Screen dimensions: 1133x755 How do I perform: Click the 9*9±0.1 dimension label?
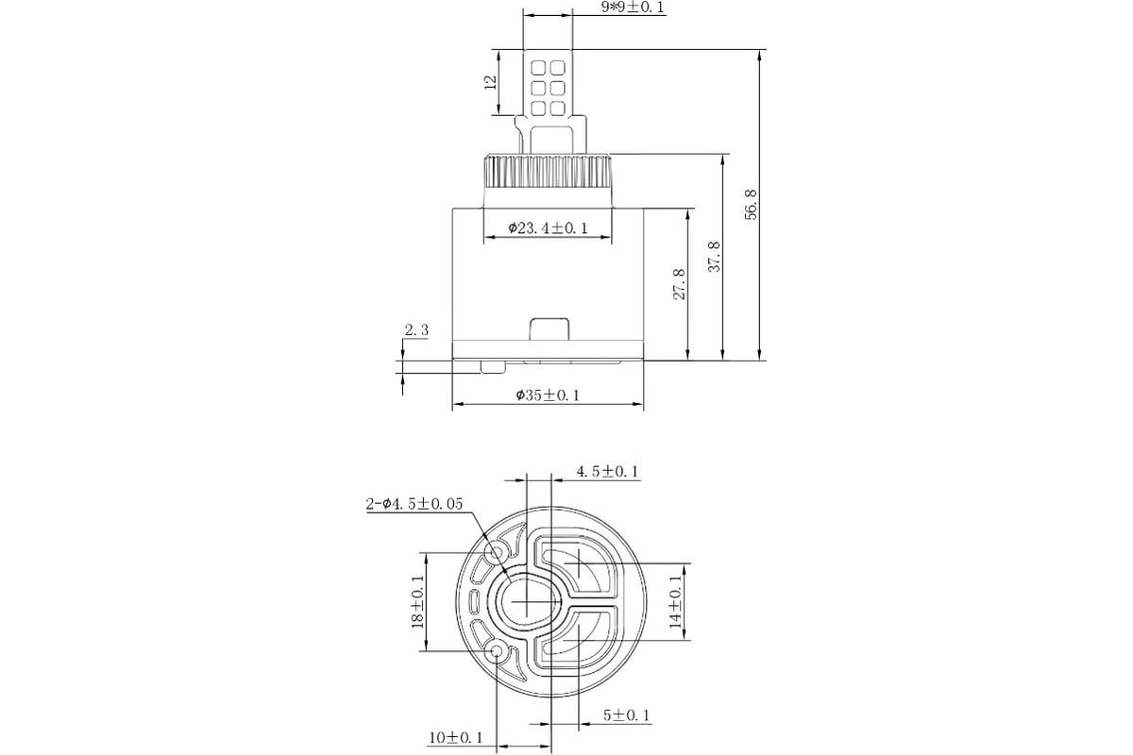[x=633, y=8]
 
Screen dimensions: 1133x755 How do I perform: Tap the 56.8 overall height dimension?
[x=752, y=204]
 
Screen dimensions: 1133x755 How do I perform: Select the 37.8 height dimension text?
[x=714, y=257]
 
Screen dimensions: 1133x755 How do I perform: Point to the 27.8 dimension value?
[x=680, y=284]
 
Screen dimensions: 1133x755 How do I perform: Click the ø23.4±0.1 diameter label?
[x=549, y=228]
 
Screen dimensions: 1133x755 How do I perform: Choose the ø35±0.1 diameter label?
[x=548, y=394]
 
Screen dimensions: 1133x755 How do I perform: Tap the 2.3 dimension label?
[x=416, y=330]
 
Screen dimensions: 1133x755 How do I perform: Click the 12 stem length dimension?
[x=491, y=82]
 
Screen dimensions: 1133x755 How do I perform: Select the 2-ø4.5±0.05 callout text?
[x=414, y=504]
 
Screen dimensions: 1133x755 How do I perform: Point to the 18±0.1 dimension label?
[x=417, y=601]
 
